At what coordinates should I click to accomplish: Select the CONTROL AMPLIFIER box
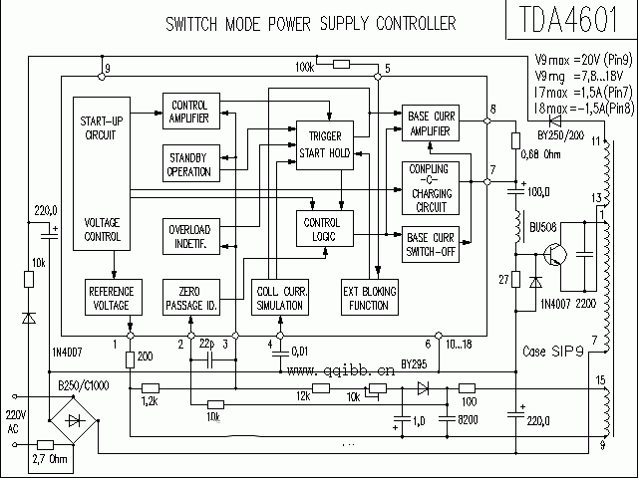click(x=190, y=113)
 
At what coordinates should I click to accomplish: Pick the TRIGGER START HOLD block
click(x=324, y=143)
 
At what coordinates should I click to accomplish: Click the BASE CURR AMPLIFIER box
click(x=431, y=122)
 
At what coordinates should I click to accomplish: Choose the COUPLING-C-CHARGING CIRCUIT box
click(x=430, y=188)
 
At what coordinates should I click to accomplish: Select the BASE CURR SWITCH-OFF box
click(x=431, y=244)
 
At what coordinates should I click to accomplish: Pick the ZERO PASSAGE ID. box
click(x=190, y=296)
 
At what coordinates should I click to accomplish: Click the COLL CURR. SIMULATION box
click(x=280, y=297)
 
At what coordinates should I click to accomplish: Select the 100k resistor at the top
click(x=341, y=65)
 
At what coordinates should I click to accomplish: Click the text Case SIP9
click(x=553, y=352)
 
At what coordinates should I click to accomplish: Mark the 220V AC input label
click(x=16, y=420)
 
